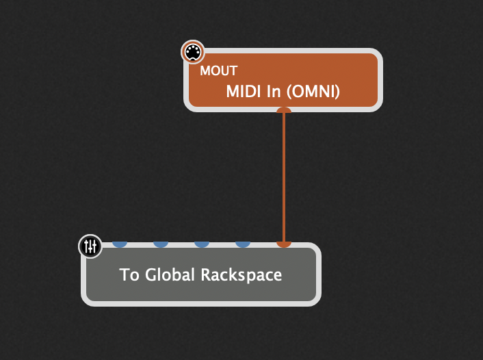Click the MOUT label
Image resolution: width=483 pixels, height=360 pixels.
[218, 71]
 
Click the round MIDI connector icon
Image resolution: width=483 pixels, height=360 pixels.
[192, 52]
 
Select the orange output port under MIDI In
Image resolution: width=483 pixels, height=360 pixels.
[283, 110]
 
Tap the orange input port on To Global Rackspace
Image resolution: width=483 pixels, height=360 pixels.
[283, 244]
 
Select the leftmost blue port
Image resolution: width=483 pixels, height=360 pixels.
[119, 244]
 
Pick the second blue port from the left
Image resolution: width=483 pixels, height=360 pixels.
[160, 244]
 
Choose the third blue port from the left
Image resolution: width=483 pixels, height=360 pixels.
[201, 244]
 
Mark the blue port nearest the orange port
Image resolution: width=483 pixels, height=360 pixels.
[242, 244]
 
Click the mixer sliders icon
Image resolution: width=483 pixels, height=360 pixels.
[90, 246]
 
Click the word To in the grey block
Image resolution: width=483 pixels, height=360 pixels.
[128, 275]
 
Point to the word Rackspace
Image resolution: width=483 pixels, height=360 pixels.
[241, 275]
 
